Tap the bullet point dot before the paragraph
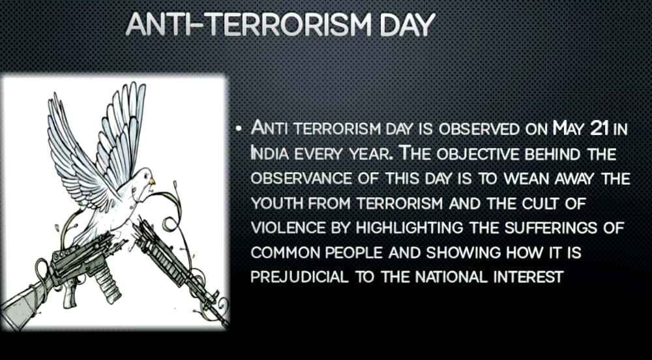tap(238, 129)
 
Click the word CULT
tap(537, 203)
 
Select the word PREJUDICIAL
tap(300, 277)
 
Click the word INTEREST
tap(528, 277)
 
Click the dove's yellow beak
tap(152, 181)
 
